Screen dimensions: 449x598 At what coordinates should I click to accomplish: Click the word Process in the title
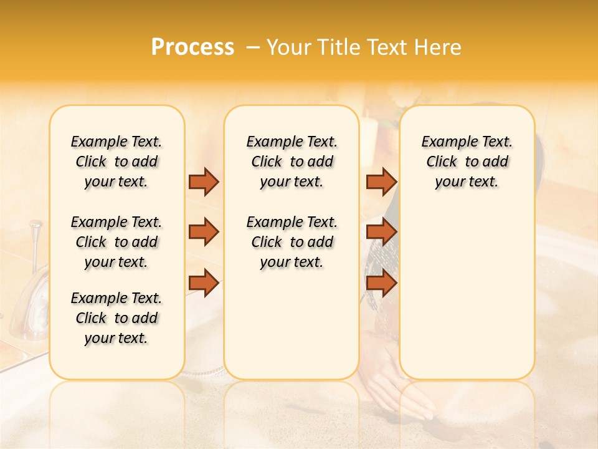pyautogui.click(x=192, y=47)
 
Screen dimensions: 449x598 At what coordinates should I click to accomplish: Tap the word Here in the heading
pyautogui.click(x=438, y=47)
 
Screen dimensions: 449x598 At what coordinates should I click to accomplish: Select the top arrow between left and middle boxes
pyautogui.click(x=204, y=181)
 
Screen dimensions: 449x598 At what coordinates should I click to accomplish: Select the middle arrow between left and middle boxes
pyautogui.click(x=204, y=232)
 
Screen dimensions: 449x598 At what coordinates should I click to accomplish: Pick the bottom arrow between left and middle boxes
pyautogui.click(x=204, y=284)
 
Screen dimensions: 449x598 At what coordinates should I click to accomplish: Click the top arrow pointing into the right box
pyautogui.click(x=381, y=181)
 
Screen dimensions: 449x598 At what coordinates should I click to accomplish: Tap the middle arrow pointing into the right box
pyautogui.click(x=381, y=232)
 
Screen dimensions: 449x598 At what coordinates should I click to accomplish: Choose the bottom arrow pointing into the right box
pyautogui.click(x=381, y=284)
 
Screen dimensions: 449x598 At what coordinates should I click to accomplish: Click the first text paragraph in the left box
pyautogui.click(x=116, y=162)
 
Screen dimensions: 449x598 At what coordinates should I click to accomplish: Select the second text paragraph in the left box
pyautogui.click(x=116, y=242)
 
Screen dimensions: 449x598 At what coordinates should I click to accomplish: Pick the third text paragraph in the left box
pyautogui.click(x=116, y=318)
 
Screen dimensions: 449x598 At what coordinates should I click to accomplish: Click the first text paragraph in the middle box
pyautogui.click(x=292, y=162)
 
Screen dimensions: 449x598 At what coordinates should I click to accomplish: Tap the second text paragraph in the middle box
pyautogui.click(x=292, y=242)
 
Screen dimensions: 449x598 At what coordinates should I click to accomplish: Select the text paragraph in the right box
pyautogui.click(x=467, y=162)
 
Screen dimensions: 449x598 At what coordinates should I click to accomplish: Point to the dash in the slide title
pyautogui.click(x=252, y=47)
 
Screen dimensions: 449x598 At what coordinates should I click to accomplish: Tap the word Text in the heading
pyautogui.click(x=389, y=47)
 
